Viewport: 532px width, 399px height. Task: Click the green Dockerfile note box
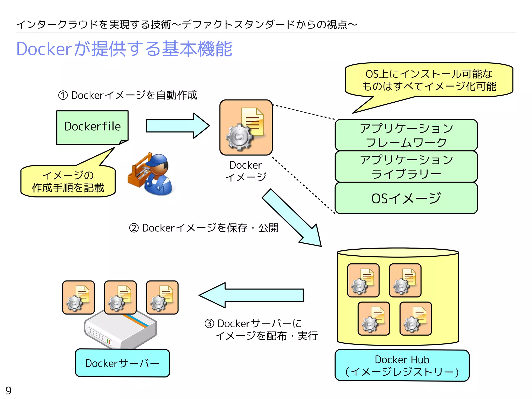(x=92, y=127)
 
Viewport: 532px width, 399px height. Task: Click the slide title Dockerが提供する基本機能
(x=124, y=49)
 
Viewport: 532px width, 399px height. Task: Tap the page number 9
(x=8, y=390)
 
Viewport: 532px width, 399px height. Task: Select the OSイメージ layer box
(x=406, y=198)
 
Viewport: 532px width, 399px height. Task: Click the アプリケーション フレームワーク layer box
(x=406, y=135)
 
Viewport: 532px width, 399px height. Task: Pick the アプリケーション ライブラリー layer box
(x=406, y=167)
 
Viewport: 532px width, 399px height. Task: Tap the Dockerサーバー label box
(x=122, y=363)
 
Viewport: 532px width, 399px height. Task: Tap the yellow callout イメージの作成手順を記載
(x=68, y=181)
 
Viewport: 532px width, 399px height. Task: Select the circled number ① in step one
(x=63, y=95)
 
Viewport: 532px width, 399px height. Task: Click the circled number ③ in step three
(x=209, y=324)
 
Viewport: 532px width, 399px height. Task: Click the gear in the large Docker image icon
(x=238, y=137)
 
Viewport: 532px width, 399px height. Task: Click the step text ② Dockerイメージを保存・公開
(x=204, y=228)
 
